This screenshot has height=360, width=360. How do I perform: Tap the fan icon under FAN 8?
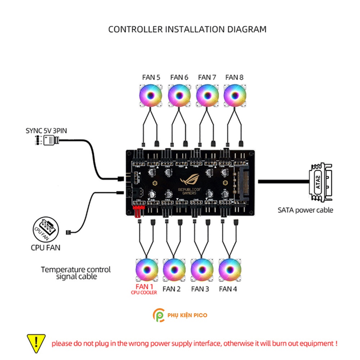pos(234,96)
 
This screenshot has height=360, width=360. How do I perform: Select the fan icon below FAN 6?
pos(179,96)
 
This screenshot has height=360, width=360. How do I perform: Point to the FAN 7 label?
pos(207,77)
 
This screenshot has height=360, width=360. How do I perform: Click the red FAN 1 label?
pos(144,287)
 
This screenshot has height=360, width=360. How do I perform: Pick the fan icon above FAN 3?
pos(202,270)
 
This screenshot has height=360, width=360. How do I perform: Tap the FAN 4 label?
pos(228,288)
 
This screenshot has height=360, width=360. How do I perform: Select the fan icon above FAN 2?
pos(174,270)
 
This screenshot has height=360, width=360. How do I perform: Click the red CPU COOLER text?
pos(144,293)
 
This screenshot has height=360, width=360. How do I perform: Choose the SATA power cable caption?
pos(305,210)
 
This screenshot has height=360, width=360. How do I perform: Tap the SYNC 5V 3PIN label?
pos(46,131)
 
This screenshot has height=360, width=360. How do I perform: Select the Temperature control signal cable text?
pos(76,273)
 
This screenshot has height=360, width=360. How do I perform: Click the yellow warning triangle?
pos(36,343)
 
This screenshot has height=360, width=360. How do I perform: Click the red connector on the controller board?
pos(138,211)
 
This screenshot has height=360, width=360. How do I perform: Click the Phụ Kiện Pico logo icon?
pos(158,315)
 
